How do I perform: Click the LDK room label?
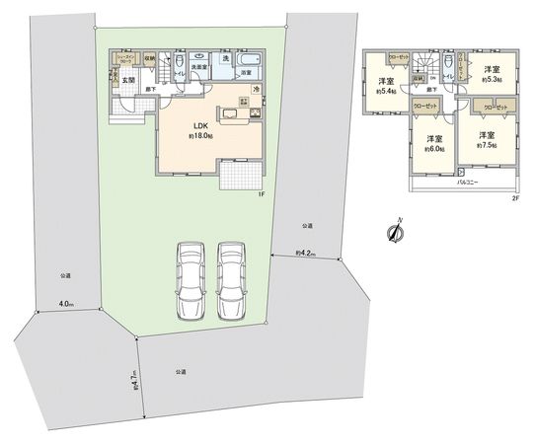(x=199, y=124)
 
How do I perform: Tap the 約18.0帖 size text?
(x=199, y=136)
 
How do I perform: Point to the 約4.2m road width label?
(x=305, y=255)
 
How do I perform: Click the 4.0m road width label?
(x=66, y=303)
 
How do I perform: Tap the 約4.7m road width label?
(x=133, y=378)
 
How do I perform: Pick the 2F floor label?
(x=514, y=197)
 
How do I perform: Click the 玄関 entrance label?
(x=128, y=80)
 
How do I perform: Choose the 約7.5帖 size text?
(x=487, y=144)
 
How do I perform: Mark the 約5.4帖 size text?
(x=384, y=91)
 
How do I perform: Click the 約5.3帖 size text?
(x=493, y=80)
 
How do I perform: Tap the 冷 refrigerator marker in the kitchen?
(x=255, y=92)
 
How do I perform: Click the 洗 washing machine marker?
(x=224, y=57)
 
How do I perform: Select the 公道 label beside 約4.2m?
(x=307, y=226)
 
